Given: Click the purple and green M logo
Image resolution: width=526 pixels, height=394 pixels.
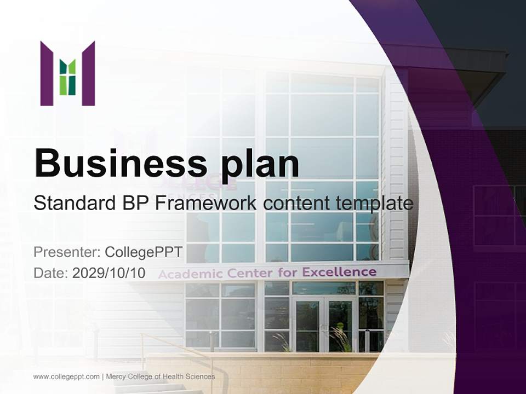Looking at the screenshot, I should (67, 73).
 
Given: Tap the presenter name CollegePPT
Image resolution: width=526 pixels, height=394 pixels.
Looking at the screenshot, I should (143, 252).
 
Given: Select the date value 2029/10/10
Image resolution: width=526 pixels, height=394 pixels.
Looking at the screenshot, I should (108, 273).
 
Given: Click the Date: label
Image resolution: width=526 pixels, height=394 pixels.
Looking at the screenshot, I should (51, 273).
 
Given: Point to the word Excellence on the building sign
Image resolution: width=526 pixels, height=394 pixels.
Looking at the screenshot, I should (339, 271).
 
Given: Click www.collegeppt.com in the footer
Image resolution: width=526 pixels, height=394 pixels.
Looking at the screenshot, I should (66, 376).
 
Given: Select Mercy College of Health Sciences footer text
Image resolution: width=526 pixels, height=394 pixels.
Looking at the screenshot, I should (160, 376).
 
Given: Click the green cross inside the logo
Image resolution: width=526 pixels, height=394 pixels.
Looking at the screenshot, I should (67, 77).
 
